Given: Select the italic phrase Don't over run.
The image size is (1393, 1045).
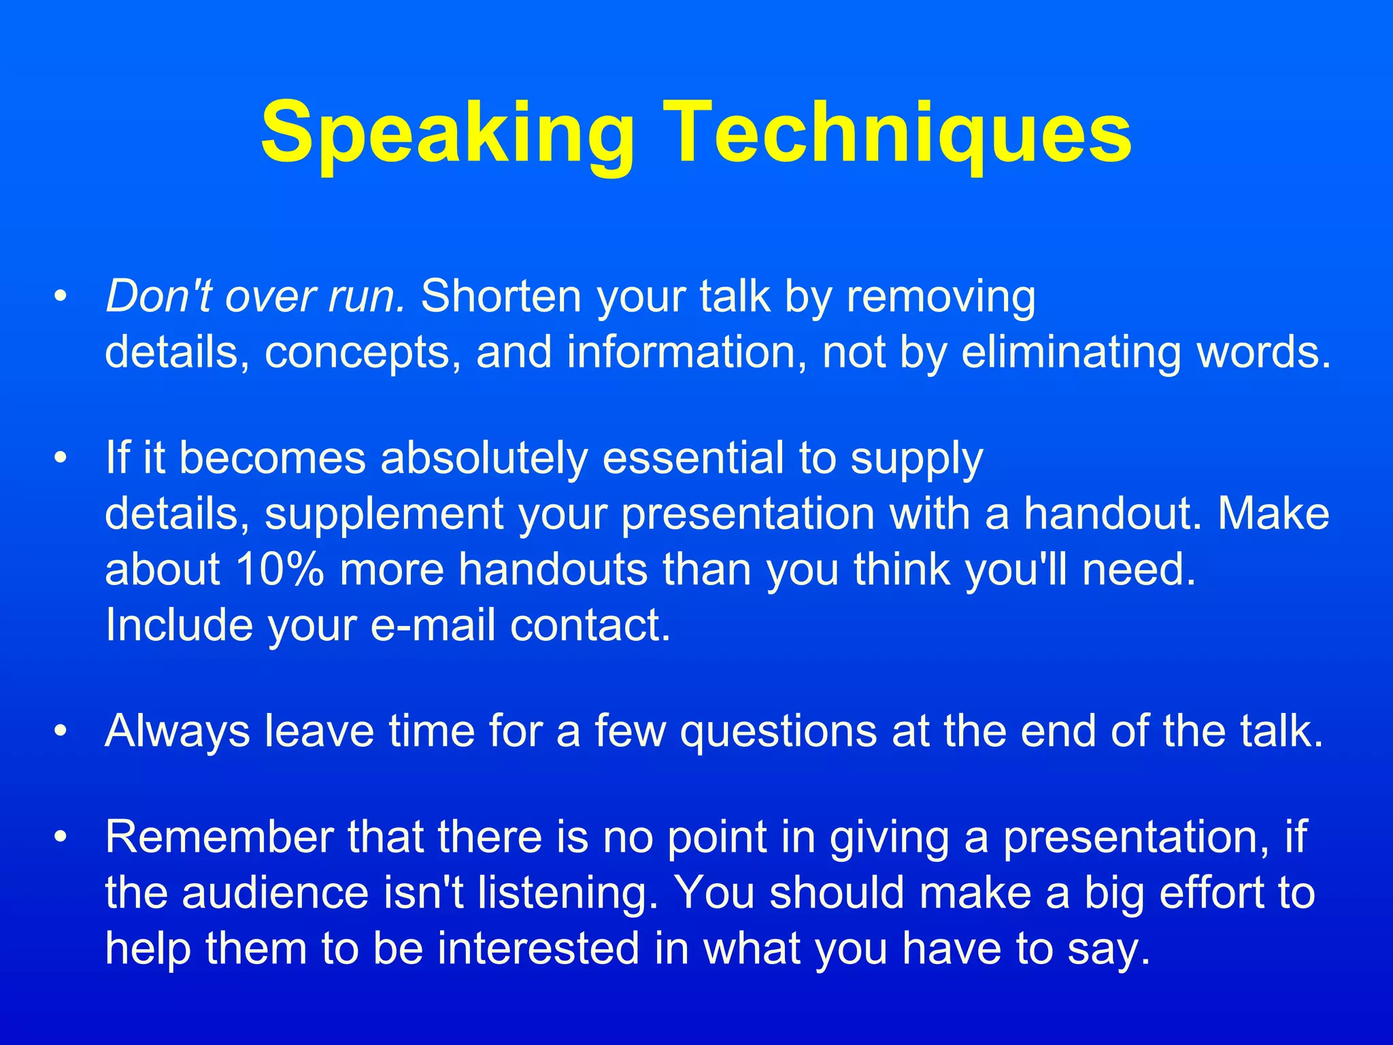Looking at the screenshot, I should [x=255, y=297].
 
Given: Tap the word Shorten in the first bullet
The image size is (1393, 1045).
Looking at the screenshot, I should [x=501, y=297].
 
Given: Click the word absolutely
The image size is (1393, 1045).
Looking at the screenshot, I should [x=483, y=457].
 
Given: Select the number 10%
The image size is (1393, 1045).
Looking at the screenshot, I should [x=280, y=569].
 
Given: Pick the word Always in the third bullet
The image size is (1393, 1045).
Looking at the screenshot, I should [x=178, y=732].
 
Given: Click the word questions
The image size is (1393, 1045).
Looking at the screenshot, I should [x=778, y=732].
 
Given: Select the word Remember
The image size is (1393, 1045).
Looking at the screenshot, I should [x=218, y=837].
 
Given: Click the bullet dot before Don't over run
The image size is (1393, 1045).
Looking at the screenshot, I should [x=61, y=298].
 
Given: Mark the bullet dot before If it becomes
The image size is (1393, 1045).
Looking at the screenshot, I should [x=61, y=459].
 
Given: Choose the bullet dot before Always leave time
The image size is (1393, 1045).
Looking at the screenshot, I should [x=61, y=732].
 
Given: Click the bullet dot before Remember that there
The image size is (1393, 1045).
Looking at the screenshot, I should [x=61, y=837].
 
